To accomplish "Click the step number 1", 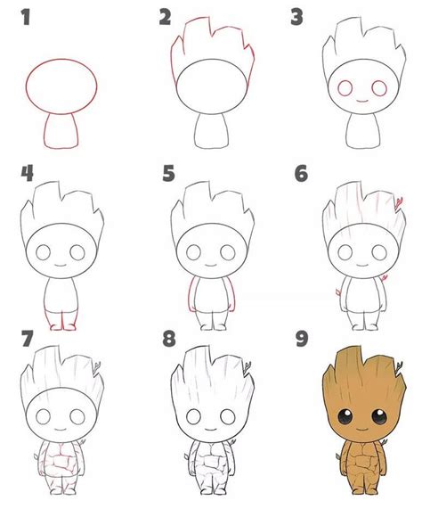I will click(x=28, y=15).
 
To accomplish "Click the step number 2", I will click(x=166, y=15).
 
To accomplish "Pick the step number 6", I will click(x=300, y=171).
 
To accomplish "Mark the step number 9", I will click(x=300, y=340).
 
